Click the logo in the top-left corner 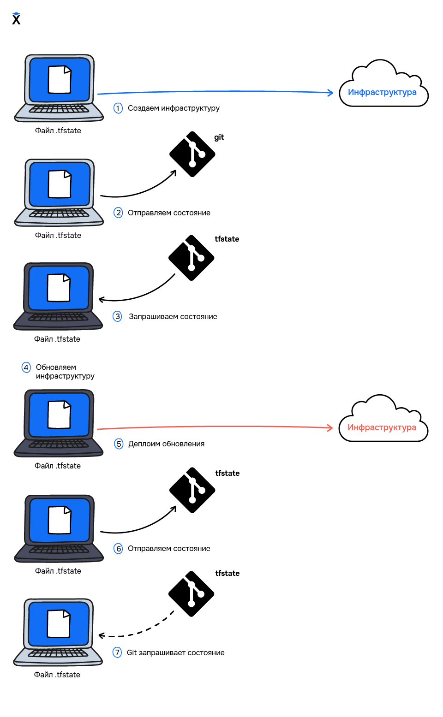pos(16,18)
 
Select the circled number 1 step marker pos(118,108)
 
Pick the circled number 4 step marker pos(26,367)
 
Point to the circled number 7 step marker pos(117,652)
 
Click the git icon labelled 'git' pos(192,154)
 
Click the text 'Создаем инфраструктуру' pos(174,108)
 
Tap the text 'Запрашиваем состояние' pos(173,317)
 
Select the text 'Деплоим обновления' pos(166,444)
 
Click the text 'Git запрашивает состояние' pos(175,653)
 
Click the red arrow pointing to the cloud pos(215,427)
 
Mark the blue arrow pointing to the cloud pos(215,92)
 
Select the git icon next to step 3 pos(192,258)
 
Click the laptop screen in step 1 pos(60,80)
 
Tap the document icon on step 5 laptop pos(60,415)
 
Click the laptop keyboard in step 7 pos(58,653)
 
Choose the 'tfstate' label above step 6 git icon pos(227,473)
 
